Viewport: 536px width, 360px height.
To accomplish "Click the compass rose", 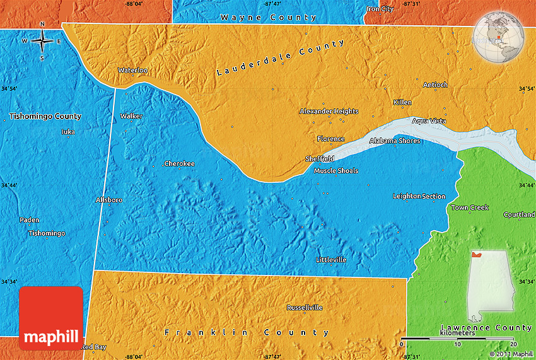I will coord(42,41).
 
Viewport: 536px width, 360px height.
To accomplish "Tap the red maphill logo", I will coord(51,318).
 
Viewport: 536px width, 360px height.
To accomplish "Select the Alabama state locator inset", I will coord(491,287).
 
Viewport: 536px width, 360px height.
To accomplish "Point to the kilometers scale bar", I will coord(458,340).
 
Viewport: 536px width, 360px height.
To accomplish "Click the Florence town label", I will coord(330,139).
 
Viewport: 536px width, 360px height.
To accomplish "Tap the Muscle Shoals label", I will coord(336,171).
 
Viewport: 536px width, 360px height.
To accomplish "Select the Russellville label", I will coord(305,308).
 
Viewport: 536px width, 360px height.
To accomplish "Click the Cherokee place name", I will coord(179,164).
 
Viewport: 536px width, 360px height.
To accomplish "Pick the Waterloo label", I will coord(132,71).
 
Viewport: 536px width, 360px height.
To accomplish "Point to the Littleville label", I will coord(331,260).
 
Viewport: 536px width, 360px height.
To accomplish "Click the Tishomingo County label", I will coord(45,117).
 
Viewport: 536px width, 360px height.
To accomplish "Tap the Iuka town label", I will coord(67,132).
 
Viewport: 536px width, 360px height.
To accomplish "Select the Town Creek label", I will coord(470,207).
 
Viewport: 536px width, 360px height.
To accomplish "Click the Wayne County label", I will coord(269,18).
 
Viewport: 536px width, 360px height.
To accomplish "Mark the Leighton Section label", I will coord(419,196).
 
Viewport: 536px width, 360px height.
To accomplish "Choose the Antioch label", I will coord(435,85).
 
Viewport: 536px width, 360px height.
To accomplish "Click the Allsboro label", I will coord(108,200).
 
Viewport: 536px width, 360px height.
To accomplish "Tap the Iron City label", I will coord(380,9).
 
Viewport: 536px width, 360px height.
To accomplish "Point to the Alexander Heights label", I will coord(329,112).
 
